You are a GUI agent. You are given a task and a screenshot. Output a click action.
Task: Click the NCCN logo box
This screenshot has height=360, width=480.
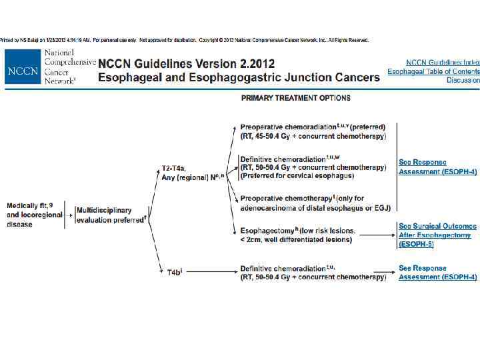(x=23, y=67)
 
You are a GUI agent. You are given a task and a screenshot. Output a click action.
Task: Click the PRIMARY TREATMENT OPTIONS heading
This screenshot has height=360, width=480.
(x=295, y=98)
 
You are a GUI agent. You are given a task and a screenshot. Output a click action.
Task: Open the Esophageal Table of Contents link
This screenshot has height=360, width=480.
(x=433, y=71)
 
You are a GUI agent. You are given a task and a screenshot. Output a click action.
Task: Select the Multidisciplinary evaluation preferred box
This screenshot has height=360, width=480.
(x=111, y=214)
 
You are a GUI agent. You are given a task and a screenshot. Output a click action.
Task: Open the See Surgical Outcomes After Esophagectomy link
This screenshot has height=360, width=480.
(x=437, y=235)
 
